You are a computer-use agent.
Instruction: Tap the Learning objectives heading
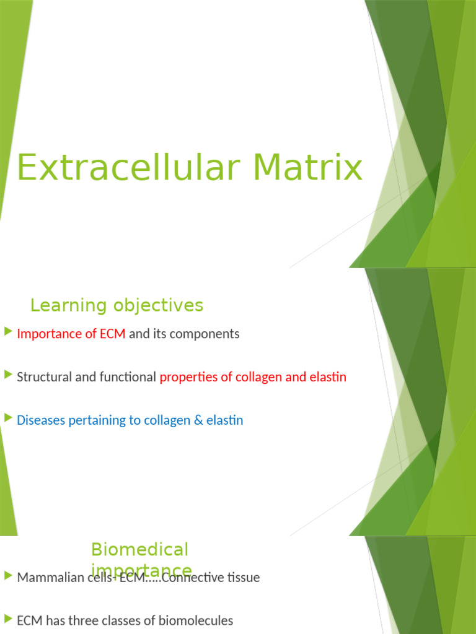[x=117, y=305]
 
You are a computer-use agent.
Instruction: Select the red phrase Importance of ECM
[x=71, y=334]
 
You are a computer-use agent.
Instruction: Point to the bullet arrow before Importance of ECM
[x=7, y=332]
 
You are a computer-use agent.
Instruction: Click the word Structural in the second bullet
[x=44, y=377]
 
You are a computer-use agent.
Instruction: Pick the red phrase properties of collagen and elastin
[x=253, y=377]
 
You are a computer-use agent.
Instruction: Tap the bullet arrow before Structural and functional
[x=7, y=375]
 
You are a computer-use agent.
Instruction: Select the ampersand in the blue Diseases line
[x=198, y=420]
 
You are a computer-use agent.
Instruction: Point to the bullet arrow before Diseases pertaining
[x=7, y=419]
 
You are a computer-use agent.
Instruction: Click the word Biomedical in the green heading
[x=139, y=549]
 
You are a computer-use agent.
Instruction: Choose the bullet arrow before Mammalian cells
[x=7, y=576]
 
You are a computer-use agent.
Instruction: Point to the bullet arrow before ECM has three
[x=7, y=619]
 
